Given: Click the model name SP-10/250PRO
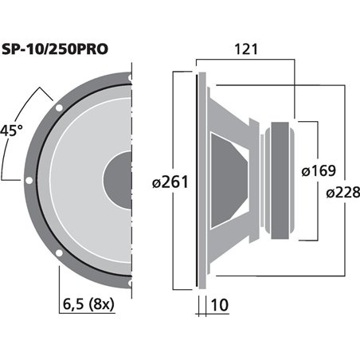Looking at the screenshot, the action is [55, 49].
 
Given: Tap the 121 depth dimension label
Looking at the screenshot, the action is [246, 49].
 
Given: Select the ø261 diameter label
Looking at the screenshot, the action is [170, 182].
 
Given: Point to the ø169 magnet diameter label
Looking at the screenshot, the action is [319, 170].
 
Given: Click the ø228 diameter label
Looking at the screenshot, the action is [343, 192].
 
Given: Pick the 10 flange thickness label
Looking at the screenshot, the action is [220, 305].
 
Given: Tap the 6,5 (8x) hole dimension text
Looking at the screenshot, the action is [88, 303].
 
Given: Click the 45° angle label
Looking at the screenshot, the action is [11, 131].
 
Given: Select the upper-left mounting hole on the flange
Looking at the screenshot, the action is [59, 108].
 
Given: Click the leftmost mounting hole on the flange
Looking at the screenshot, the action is [29, 180].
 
